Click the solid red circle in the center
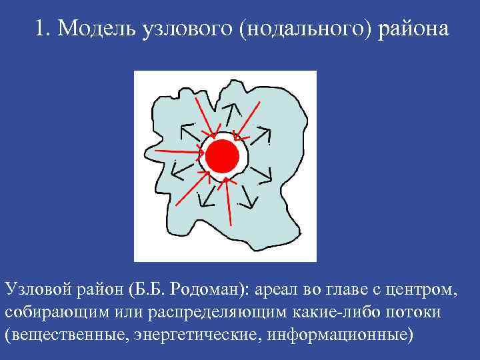click(222, 157)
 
